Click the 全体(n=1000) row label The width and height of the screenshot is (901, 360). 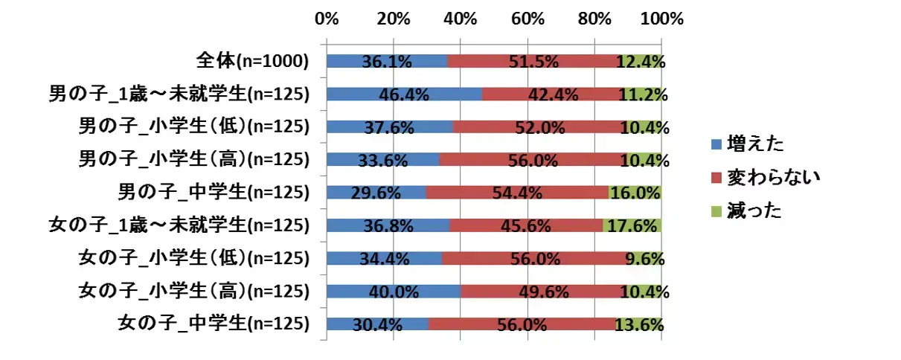click(x=252, y=62)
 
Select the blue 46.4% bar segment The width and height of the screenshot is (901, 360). click(x=404, y=94)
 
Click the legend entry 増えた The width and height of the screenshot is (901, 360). click(x=751, y=142)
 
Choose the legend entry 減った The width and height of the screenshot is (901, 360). click(x=751, y=210)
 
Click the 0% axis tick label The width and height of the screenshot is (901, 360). click(x=327, y=19)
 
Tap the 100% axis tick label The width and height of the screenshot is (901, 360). click(x=661, y=19)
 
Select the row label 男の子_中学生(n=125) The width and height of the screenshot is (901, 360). click(x=214, y=193)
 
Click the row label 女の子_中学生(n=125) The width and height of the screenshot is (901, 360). click(x=214, y=323)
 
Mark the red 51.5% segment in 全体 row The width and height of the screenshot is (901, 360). click(x=533, y=62)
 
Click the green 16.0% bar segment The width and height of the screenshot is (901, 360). click(x=635, y=193)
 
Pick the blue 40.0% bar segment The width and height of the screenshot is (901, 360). click(x=394, y=290)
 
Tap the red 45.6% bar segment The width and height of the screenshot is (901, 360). click(x=526, y=225)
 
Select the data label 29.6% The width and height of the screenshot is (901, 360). click(x=376, y=193)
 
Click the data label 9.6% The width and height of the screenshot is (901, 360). click(x=644, y=257)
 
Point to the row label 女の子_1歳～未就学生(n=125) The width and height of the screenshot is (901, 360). click(x=179, y=225)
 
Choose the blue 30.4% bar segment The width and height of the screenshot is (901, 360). click(x=377, y=323)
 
